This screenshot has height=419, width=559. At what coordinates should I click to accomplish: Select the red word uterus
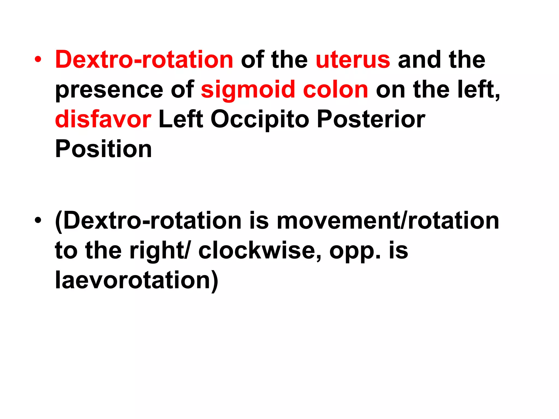click(353, 60)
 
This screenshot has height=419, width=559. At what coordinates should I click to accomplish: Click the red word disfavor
click(103, 119)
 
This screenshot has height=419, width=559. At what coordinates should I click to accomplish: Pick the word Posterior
click(371, 119)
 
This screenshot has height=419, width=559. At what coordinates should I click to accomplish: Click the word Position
click(103, 149)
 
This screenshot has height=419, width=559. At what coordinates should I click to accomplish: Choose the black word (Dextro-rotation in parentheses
click(148, 221)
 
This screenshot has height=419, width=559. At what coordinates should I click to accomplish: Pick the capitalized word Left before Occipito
click(181, 119)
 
